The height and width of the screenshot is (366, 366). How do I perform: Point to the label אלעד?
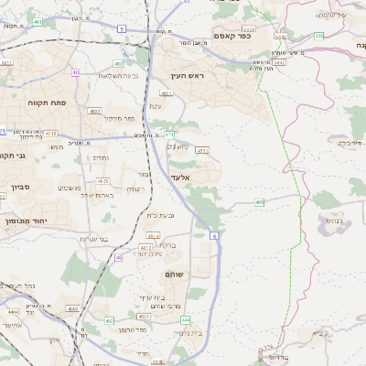[x=192, y=175]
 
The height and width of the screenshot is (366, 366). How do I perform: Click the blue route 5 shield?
[x=122, y=29]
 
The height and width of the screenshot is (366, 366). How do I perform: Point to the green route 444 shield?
[x=186, y=319]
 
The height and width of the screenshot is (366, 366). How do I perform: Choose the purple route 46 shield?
[x=119, y=258]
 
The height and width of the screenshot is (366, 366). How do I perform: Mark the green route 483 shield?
[x=120, y=63]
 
